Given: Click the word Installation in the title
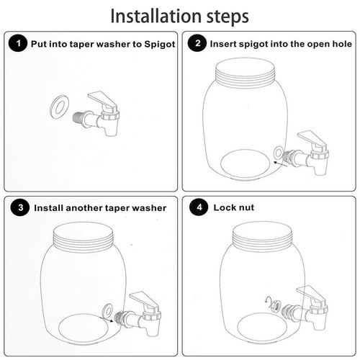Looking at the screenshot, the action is coord(156,17).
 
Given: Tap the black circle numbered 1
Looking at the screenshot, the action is coord(18,43).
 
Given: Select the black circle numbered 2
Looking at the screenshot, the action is coord(197,43).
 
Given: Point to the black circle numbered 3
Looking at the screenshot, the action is coord(20,207).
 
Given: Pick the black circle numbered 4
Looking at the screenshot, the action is coord(199,207).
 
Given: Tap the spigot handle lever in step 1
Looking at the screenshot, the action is coord(102,99).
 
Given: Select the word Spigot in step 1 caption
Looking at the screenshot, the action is coord(159,44).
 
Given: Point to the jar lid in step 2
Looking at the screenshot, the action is coord(245,71).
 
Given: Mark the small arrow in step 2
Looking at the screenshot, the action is coord(281,164).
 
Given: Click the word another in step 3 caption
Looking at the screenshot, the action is coord(82,208).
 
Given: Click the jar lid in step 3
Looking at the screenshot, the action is coord(83,236).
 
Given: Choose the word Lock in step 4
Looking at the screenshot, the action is coord(223,207).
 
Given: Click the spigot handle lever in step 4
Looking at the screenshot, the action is coord(311,294).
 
